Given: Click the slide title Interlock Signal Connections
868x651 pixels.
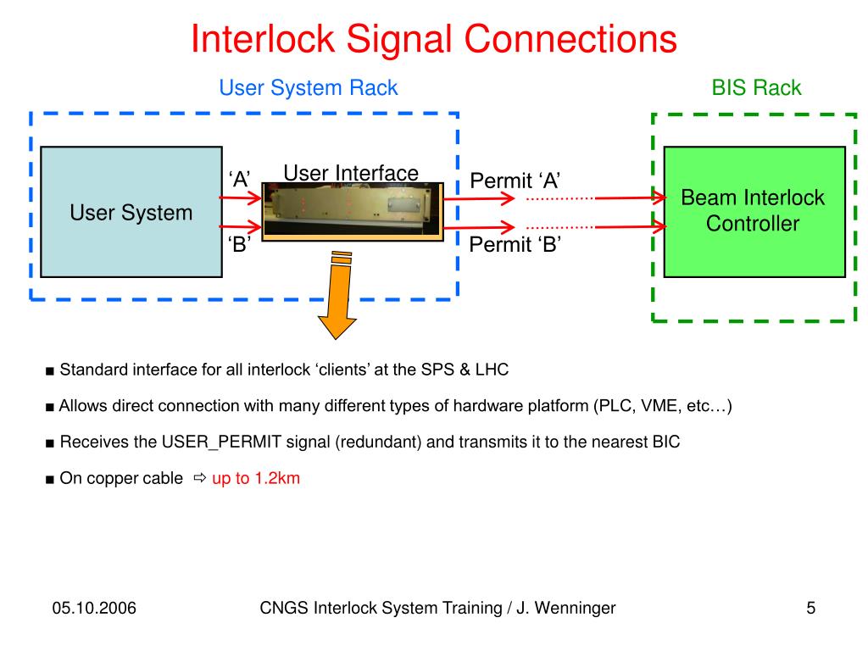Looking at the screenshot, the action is click(x=434, y=39).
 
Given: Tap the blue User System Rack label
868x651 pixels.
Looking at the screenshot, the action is click(x=309, y=88).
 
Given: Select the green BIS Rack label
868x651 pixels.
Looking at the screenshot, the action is click(x=756, y=87).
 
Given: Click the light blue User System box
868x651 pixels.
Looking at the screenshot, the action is click(x=131, y=212).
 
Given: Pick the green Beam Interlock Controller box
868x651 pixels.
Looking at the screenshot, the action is click(x=754, y=211).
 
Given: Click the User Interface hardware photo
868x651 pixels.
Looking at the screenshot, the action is click(x=353, y=211).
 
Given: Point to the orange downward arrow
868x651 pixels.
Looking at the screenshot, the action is click(x=337, y=295).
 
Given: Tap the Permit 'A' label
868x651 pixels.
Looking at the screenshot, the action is click(x=515, y=181).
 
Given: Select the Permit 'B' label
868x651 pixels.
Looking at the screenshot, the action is click(x=515, y=244).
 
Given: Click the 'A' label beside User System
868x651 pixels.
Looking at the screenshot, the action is click(x=239, y=180).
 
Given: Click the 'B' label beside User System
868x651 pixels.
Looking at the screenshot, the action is click(x=239, y=244).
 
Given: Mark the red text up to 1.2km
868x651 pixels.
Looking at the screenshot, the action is click(x=256, y=478).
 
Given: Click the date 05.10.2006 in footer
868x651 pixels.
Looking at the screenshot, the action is click(x=94, y=608).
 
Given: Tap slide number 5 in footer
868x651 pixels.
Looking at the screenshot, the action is click(x=811, y=608).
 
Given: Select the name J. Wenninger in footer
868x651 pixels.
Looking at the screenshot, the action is click(x=565, y=608).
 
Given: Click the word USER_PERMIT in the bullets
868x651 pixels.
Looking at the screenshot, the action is click(x=221, y=442).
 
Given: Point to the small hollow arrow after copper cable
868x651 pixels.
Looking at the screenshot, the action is click(x=200, y=477).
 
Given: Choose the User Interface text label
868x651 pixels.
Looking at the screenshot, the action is click(x=351, y=173).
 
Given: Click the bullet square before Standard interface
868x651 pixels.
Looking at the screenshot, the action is click(x=50, y=371).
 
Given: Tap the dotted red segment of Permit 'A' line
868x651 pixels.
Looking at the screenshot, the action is click(x=559, y=198).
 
